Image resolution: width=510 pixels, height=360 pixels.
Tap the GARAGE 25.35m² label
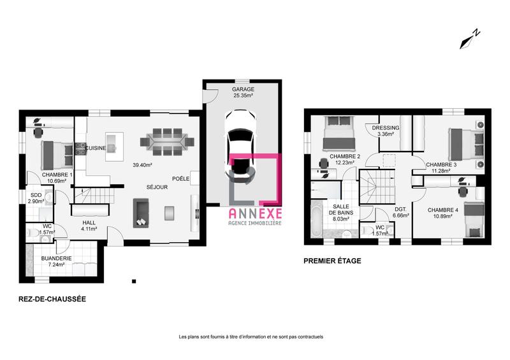click(243, 92)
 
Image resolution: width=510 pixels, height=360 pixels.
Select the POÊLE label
click(180, 178)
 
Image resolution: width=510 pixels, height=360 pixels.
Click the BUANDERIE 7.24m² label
click(57, 261)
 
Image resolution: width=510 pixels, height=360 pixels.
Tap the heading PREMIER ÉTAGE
click(332, 261)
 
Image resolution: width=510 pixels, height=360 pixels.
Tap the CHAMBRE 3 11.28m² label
click(441, 167)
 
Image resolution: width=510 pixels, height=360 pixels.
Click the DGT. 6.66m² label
click(400, 212)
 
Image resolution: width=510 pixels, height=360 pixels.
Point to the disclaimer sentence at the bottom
click(251, 336)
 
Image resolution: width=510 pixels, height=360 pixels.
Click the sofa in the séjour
click(140, 212)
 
